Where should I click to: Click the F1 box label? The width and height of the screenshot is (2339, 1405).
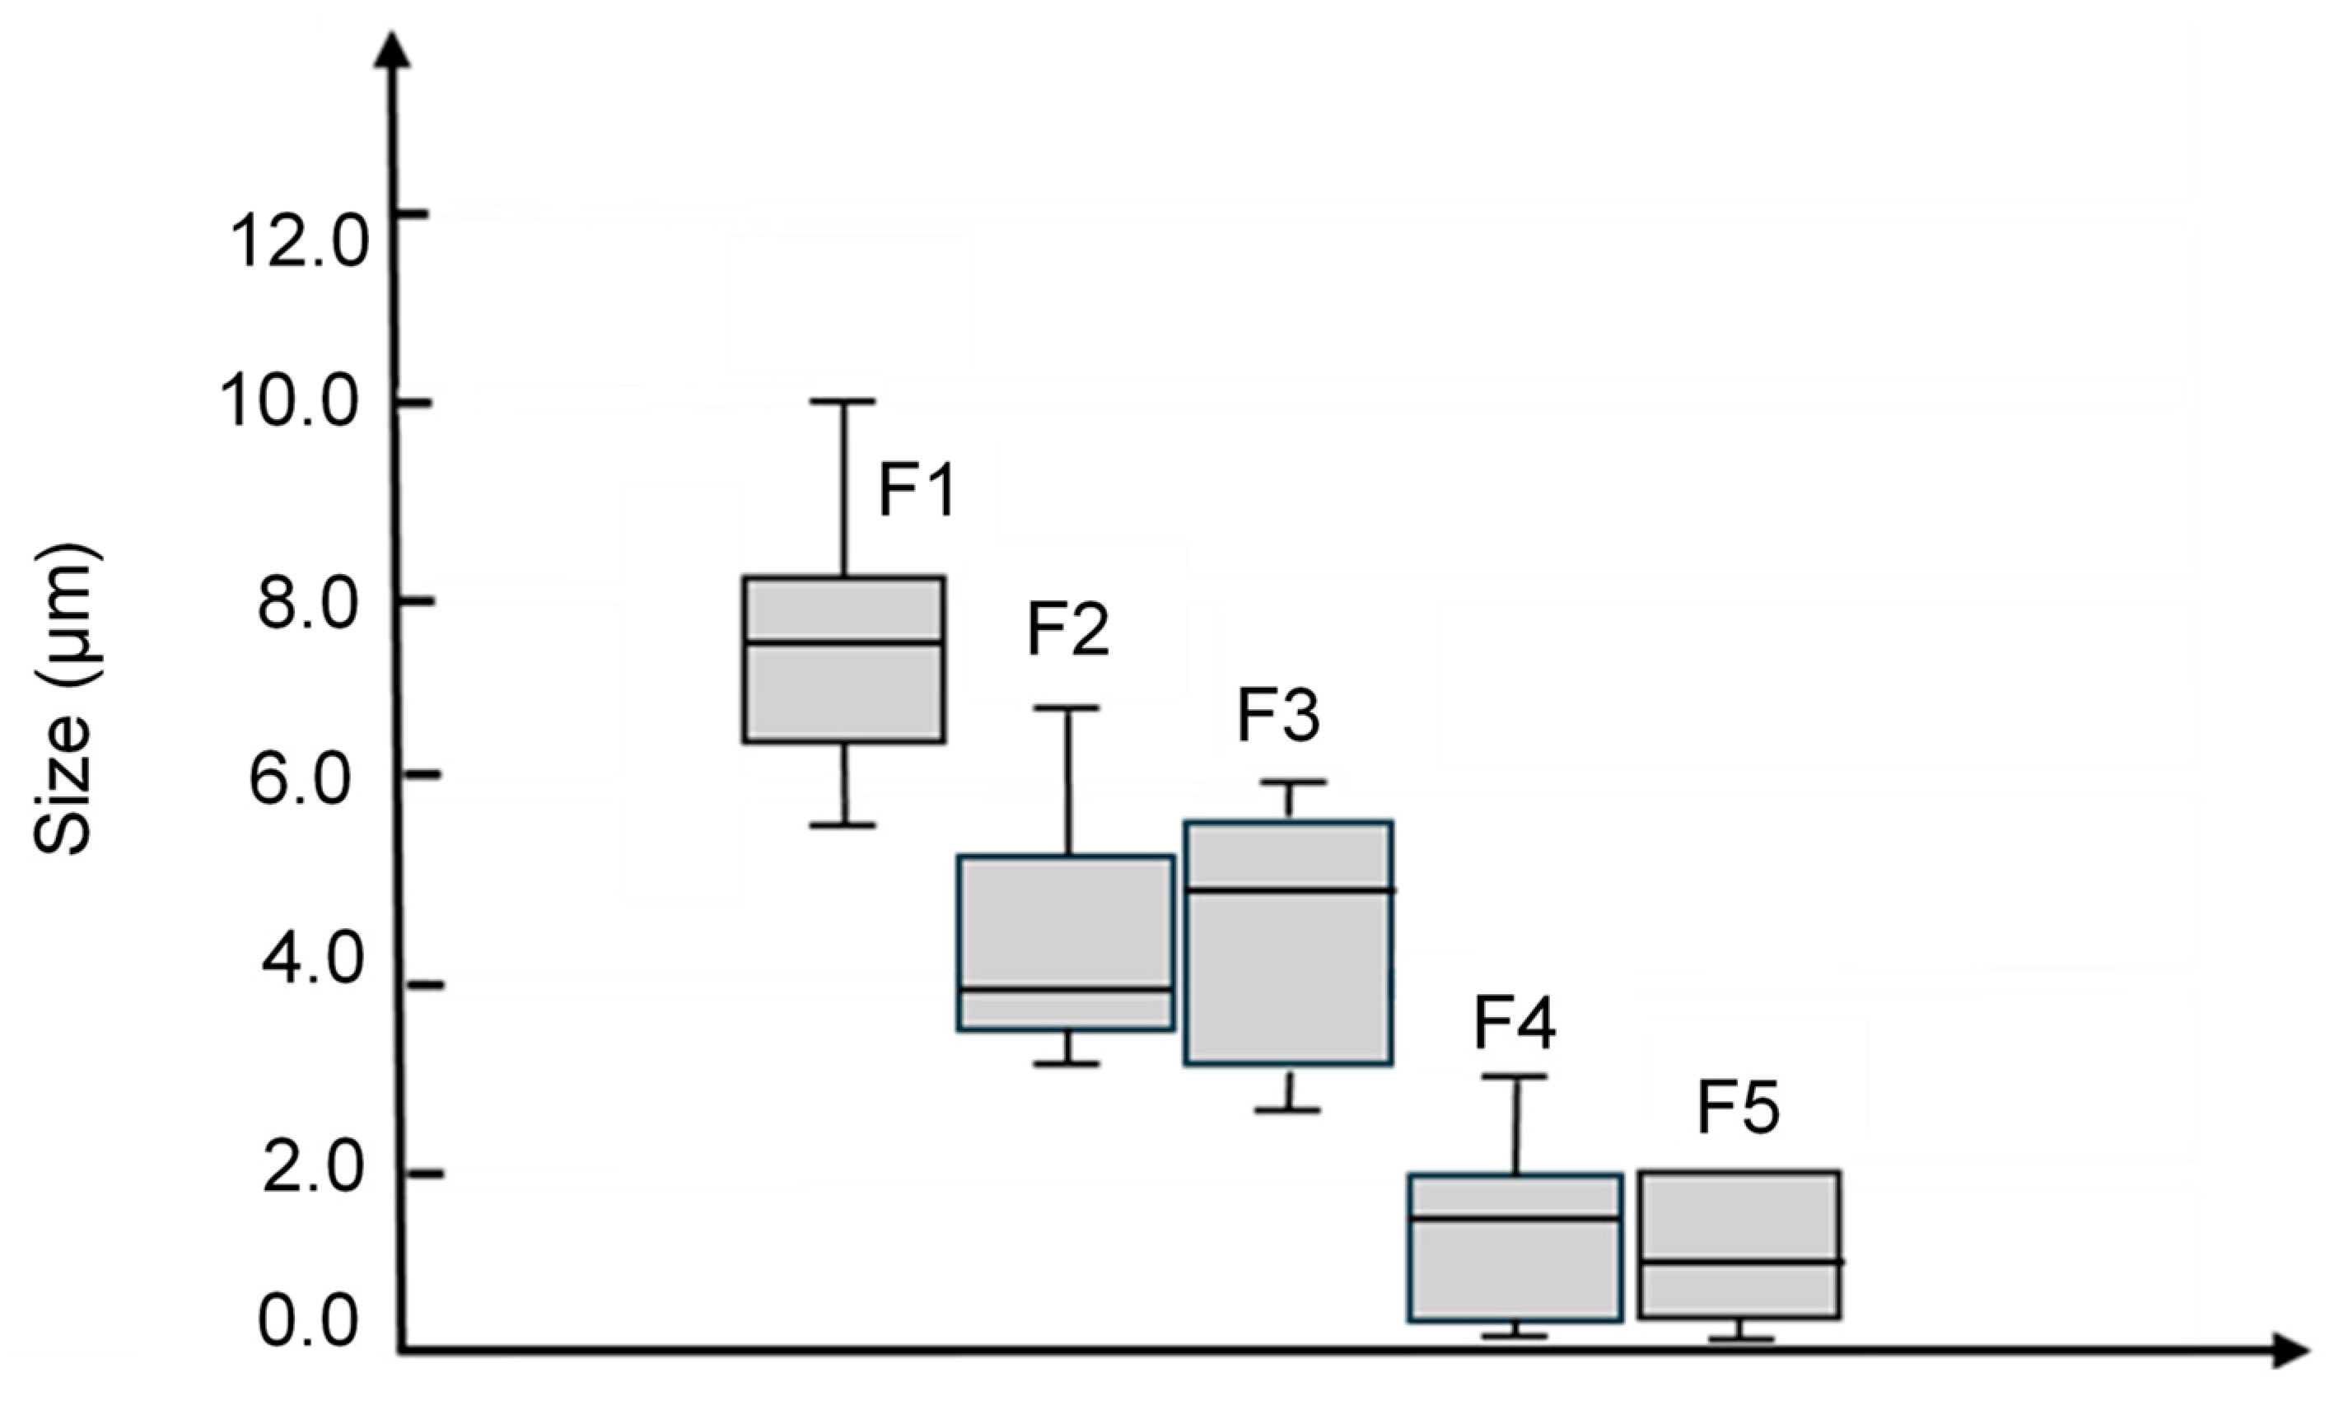click(917, 489)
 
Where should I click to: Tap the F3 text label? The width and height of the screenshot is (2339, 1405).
click(1278, 716)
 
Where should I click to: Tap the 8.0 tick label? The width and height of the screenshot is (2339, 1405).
click(310, 604)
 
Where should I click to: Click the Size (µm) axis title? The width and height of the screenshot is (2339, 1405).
click(64, 698)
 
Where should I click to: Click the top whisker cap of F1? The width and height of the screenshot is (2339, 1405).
click(843, 401)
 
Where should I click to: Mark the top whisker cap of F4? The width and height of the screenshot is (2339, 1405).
click(1515, 1076)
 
